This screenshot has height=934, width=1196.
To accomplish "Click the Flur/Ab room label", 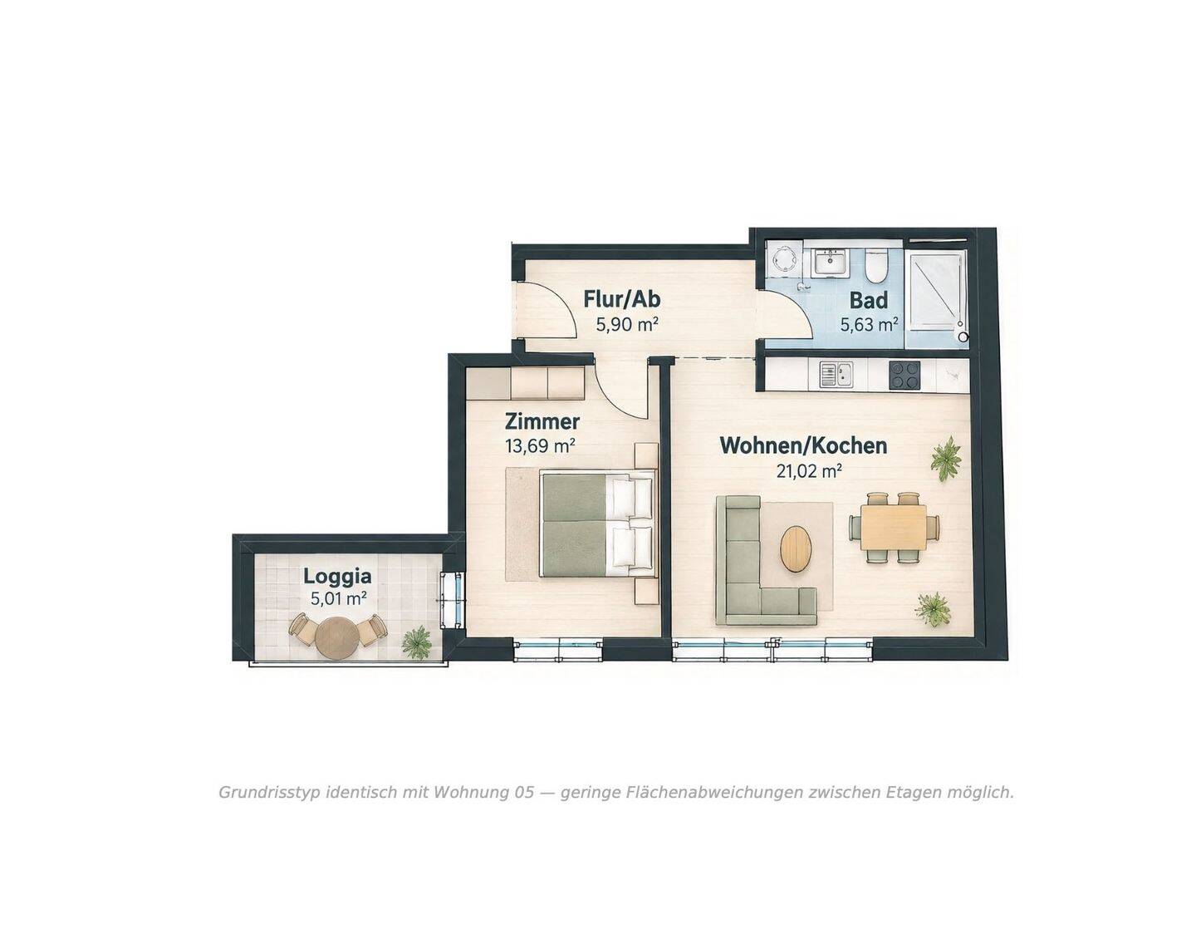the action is pos(622,299).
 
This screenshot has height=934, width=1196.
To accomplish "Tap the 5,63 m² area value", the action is pos(869,324).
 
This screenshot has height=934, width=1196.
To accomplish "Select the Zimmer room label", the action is pos(542,422).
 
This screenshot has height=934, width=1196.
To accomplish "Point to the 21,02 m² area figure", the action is pos(808,471).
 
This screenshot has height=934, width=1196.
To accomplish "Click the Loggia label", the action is pos(337,576).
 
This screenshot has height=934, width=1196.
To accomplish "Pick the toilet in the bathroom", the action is pos(875,265).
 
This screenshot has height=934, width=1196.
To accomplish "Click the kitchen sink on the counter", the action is pos(835,375).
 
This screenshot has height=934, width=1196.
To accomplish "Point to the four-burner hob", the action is pos(904,375).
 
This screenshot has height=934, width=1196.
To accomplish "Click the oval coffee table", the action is pos(796,549).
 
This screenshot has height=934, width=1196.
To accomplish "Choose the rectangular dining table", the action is pos(894,528).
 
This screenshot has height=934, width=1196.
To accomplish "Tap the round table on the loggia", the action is pos(337,637).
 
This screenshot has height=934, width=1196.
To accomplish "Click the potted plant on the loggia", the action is pos(416,642).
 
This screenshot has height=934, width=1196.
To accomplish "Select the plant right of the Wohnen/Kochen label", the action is pos(945,459).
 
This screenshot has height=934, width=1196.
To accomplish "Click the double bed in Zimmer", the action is pos(598,523).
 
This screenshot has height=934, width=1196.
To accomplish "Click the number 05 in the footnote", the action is pos(524,792).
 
